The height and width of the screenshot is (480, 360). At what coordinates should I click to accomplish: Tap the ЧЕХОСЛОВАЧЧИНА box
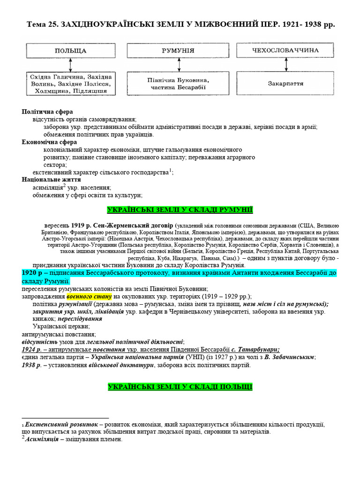click(285, 50)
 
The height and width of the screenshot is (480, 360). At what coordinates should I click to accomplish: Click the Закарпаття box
click(285, 83)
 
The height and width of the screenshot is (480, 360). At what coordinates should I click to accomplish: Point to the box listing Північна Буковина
click(178, 83)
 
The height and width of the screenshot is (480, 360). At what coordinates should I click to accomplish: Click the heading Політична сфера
click(47, 112)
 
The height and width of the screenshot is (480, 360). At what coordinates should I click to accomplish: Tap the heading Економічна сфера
click(50, 142)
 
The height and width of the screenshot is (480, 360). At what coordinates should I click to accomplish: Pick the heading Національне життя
click(52, 180)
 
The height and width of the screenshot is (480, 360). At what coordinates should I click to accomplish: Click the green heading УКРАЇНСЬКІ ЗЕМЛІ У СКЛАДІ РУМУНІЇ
click(180, 210)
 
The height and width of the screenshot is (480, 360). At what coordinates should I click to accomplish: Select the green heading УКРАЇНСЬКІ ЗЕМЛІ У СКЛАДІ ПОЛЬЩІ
click(180, 387)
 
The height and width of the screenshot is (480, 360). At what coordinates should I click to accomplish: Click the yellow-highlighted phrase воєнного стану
click(89, 296)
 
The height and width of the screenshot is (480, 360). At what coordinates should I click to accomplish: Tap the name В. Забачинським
click(289, 357)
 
